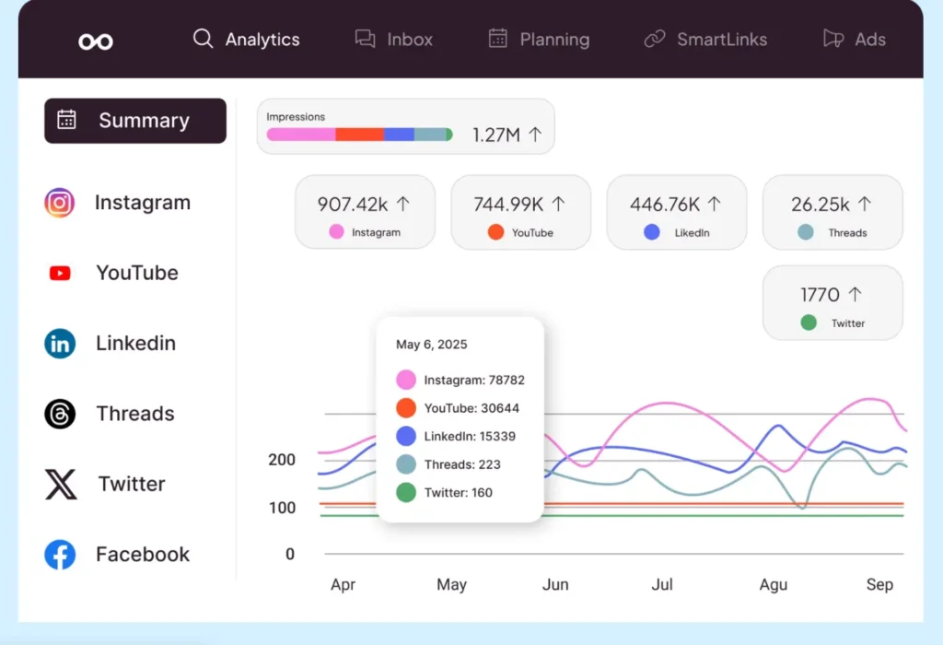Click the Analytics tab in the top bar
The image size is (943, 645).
pyautogui.click(x=246, y=40)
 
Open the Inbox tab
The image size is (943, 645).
pyautogui.click(x=394, y=40)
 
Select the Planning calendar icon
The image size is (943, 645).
pyautogui.click(x=498, y=39)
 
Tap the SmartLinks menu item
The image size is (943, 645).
pyautogui.click(x=705, y=40)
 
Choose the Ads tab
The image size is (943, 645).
pyautogui.click(x=855, y=40)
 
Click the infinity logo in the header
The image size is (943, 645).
pyautogui.click(x=96, y=41)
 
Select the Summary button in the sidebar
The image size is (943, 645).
pyautogui.click(x=135, y=121)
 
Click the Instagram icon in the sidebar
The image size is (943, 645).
pyautogui.click(x=60, y=203)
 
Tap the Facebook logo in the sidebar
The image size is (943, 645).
pyautogui.click(x=60, y=555)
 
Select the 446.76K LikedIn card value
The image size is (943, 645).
pyautogui.click(x=665, y=205)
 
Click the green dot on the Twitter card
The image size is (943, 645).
pyautogui.click(x=809, y=323)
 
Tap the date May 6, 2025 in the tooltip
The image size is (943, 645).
pyautogui.click(x=432, y=345)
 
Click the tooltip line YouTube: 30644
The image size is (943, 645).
pyautogui.click(x=471, y=408)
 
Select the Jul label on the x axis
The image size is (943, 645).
pyautogui.click(x=662, y=585)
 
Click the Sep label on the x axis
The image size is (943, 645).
pyautogui.click(x=879, y=585)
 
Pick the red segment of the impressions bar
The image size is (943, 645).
pyautogui.click(x=359, y=135)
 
